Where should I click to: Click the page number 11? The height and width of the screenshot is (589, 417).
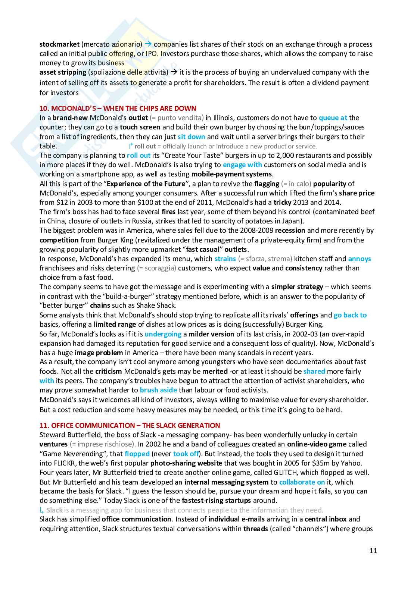[373, 551]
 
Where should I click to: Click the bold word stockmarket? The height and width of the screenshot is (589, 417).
[59, 44]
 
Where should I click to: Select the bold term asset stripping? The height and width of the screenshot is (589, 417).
[63, 72]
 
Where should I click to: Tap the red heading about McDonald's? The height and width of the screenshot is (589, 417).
[118, 109]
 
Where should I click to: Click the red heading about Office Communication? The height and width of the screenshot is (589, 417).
[130, 425]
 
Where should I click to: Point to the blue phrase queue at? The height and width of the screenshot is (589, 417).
[333, 118]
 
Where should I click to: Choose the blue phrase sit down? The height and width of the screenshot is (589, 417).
[191, 137]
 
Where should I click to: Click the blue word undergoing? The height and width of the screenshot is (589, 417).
[163, 334]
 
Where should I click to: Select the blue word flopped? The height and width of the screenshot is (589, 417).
[137, 454]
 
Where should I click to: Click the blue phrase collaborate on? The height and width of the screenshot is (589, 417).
[302, 482]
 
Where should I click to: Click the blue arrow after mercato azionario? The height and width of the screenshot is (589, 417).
[147, 44]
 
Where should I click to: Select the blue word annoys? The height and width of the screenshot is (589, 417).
[359, 259]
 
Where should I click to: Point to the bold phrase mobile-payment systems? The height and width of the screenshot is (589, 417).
[231, 174]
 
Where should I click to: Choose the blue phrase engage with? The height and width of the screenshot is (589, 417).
[242, 165]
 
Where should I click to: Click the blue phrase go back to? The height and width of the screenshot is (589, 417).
[350, 315]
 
